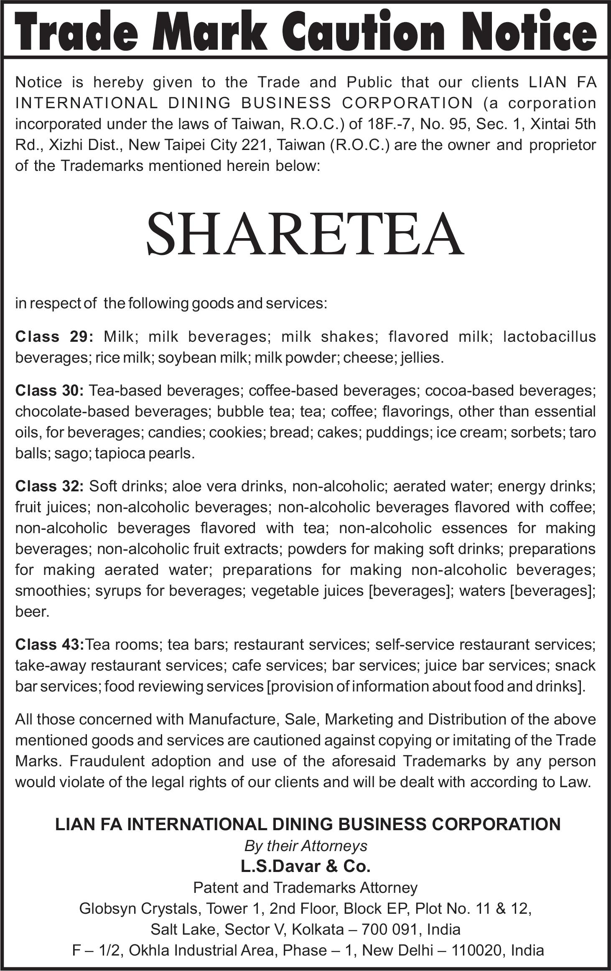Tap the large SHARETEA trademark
305,234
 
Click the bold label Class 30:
50,390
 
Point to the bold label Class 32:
50,486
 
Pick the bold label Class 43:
50,644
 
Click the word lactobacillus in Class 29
549,336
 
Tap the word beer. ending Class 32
32,612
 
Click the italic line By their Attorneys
305,846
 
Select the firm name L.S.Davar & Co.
305,867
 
